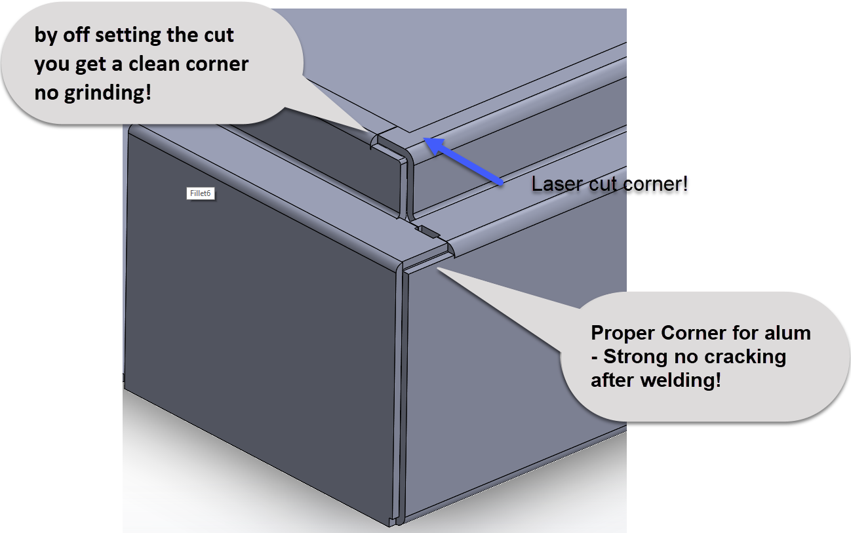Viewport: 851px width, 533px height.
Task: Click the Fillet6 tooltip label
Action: coord(200,193)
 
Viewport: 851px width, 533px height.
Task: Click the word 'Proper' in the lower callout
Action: coord(623,333)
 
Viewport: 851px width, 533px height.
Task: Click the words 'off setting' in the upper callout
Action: coord(111,35)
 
